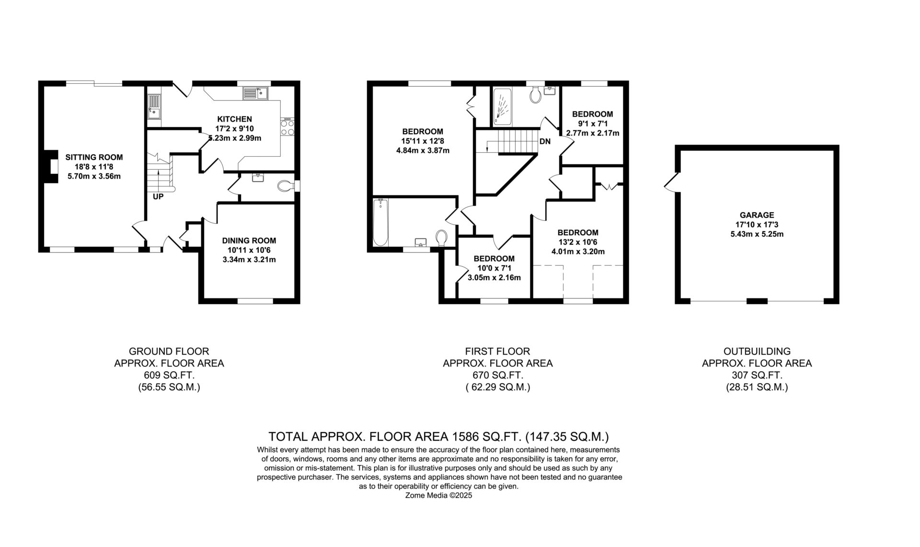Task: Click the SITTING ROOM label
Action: [94, 157]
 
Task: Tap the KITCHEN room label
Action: [234, 119]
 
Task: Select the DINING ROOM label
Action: [249, 241]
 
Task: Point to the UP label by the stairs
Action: [158, 196]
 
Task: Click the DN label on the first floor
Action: [545, 142]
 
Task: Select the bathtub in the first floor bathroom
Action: [380, 223]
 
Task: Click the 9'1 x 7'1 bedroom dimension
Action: [592, 124]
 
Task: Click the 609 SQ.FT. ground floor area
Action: [169, 375]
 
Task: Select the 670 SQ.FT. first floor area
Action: [497, 375]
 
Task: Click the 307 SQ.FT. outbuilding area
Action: [757, 375]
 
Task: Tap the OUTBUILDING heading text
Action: [757, 351]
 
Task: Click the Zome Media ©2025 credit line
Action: [439, 496]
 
